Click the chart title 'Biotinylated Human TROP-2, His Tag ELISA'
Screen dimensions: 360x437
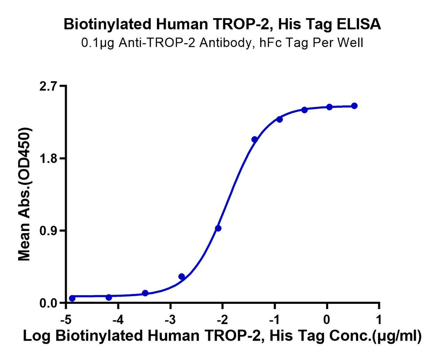pyautogui.click(x=222, y=25)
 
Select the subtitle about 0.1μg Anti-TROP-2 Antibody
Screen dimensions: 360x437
pyautogui.click(x=222, y=42)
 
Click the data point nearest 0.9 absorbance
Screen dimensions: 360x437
pyautogui.click(x=218, y=228)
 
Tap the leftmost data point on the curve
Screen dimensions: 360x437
pyautogui.click(x=72, y=298)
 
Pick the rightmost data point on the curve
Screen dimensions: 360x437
pyautogui.click(x=354, y=106)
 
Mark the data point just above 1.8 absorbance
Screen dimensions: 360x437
pyautogui.click(x=255, y=140)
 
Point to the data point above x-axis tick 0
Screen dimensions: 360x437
pyautogui.click(x=329, y=107)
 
